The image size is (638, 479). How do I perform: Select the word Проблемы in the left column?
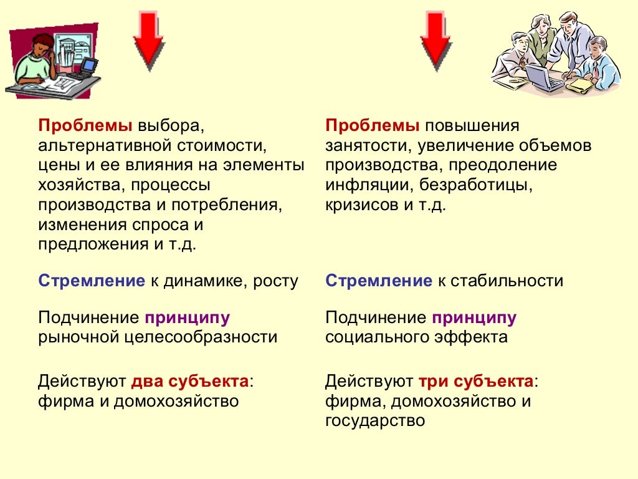[85, 126]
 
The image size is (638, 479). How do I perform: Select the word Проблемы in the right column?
[373, 126]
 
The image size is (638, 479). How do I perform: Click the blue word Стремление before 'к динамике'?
[92, 281]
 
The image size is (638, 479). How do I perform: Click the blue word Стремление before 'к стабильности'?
[378, 281]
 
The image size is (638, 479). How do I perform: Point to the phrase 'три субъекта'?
[476, 381]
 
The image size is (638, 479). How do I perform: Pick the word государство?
[375, 420]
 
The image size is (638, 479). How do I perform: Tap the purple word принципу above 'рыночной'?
[188, 317]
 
